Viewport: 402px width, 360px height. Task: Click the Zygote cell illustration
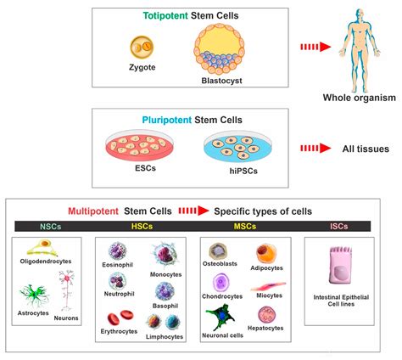tap(140, 48)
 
